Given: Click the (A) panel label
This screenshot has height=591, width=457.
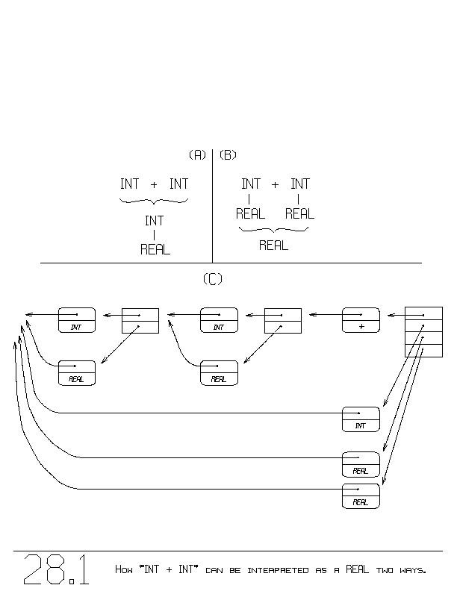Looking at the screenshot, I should tap(197, 155).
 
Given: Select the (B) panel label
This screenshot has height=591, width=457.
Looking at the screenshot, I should tap(228, 155).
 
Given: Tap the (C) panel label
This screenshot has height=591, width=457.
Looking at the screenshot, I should tap(213, 279).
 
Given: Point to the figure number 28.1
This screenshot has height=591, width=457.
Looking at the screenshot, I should tap(57, 569).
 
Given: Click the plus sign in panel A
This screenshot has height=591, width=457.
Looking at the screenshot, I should tap(154, 184).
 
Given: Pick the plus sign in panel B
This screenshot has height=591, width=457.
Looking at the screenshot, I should tap(275, 184).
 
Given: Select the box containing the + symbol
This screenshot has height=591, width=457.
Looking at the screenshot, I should tap(361, 320).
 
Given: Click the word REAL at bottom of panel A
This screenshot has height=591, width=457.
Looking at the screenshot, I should tap(155, 250).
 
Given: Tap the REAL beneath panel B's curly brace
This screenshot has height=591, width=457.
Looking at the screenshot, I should tap(273, 246).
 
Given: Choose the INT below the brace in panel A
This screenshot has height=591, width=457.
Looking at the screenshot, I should tap(154, 221).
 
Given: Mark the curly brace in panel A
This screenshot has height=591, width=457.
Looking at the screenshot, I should tap(154, 201).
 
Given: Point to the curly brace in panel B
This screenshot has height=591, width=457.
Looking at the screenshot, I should tap(273, 230).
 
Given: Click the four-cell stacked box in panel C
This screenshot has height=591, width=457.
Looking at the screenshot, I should tap(423, 331).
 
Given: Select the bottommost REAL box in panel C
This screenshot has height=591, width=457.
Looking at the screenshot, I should tap(361, 495).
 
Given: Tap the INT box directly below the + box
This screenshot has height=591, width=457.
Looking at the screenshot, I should tap(361, 419).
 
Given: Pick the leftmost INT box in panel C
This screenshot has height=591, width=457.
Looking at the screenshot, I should tap(77, 320).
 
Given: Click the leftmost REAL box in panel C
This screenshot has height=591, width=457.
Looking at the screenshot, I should tap(77, 372).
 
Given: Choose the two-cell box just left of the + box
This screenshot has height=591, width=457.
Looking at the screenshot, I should tap(283, 320).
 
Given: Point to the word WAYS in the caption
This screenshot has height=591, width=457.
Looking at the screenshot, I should tap(410, 571).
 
